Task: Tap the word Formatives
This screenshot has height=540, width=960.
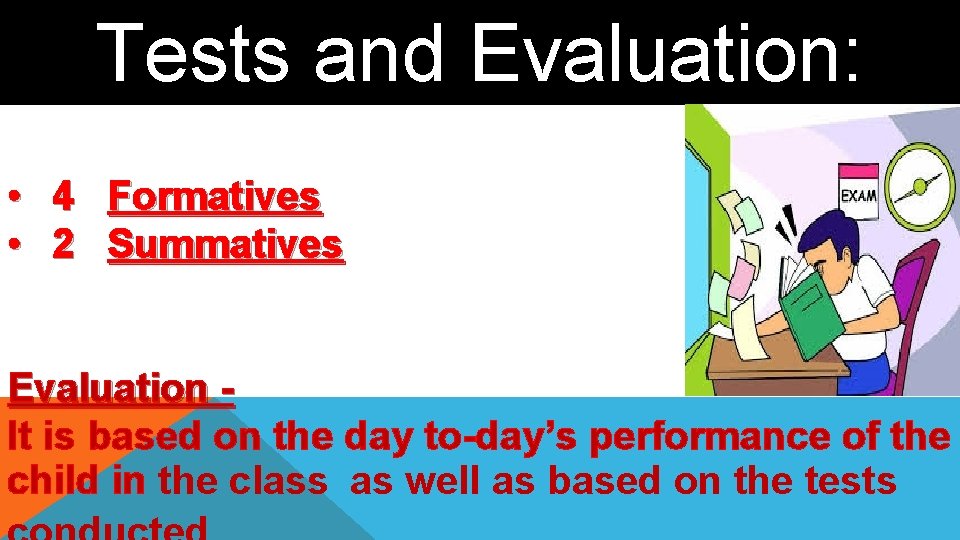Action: click(x=214, y=197)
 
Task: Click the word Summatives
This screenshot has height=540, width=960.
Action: click(x=225, y=244)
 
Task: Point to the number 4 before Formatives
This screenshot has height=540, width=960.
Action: click(x=63, y=197)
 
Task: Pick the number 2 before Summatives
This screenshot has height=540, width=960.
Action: click(x=63, y=244)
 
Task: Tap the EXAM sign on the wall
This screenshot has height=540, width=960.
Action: click(x=857, y=195)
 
